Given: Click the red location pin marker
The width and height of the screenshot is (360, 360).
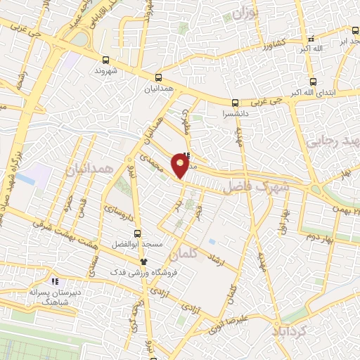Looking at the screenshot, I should point(181,166).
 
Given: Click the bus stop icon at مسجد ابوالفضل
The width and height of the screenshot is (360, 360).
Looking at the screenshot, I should point(137,233).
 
